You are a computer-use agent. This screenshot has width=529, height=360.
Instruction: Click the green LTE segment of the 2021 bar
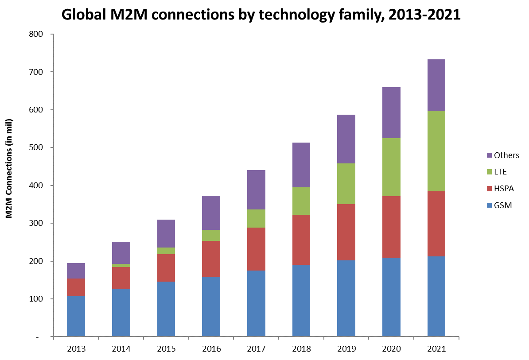pos(436,151)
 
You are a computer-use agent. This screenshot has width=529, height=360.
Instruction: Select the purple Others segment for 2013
pos(76,271)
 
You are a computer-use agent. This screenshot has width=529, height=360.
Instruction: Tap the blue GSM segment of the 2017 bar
pos(256,303)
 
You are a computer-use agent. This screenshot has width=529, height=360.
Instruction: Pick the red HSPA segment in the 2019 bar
pos(346,232)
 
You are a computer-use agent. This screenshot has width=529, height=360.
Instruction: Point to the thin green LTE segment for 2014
pos(121,265)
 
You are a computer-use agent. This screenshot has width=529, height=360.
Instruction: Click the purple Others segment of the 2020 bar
pos(391,113)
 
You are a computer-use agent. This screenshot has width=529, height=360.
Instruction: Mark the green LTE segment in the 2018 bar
pos(301,201)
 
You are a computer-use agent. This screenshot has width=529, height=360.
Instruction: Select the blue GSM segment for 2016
pos(211,306)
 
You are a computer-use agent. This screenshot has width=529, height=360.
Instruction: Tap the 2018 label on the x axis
pos(301,349)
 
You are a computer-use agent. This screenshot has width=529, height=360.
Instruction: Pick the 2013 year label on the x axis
pos(76,349)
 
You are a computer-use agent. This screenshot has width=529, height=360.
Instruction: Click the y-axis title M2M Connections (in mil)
pos(8,168)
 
